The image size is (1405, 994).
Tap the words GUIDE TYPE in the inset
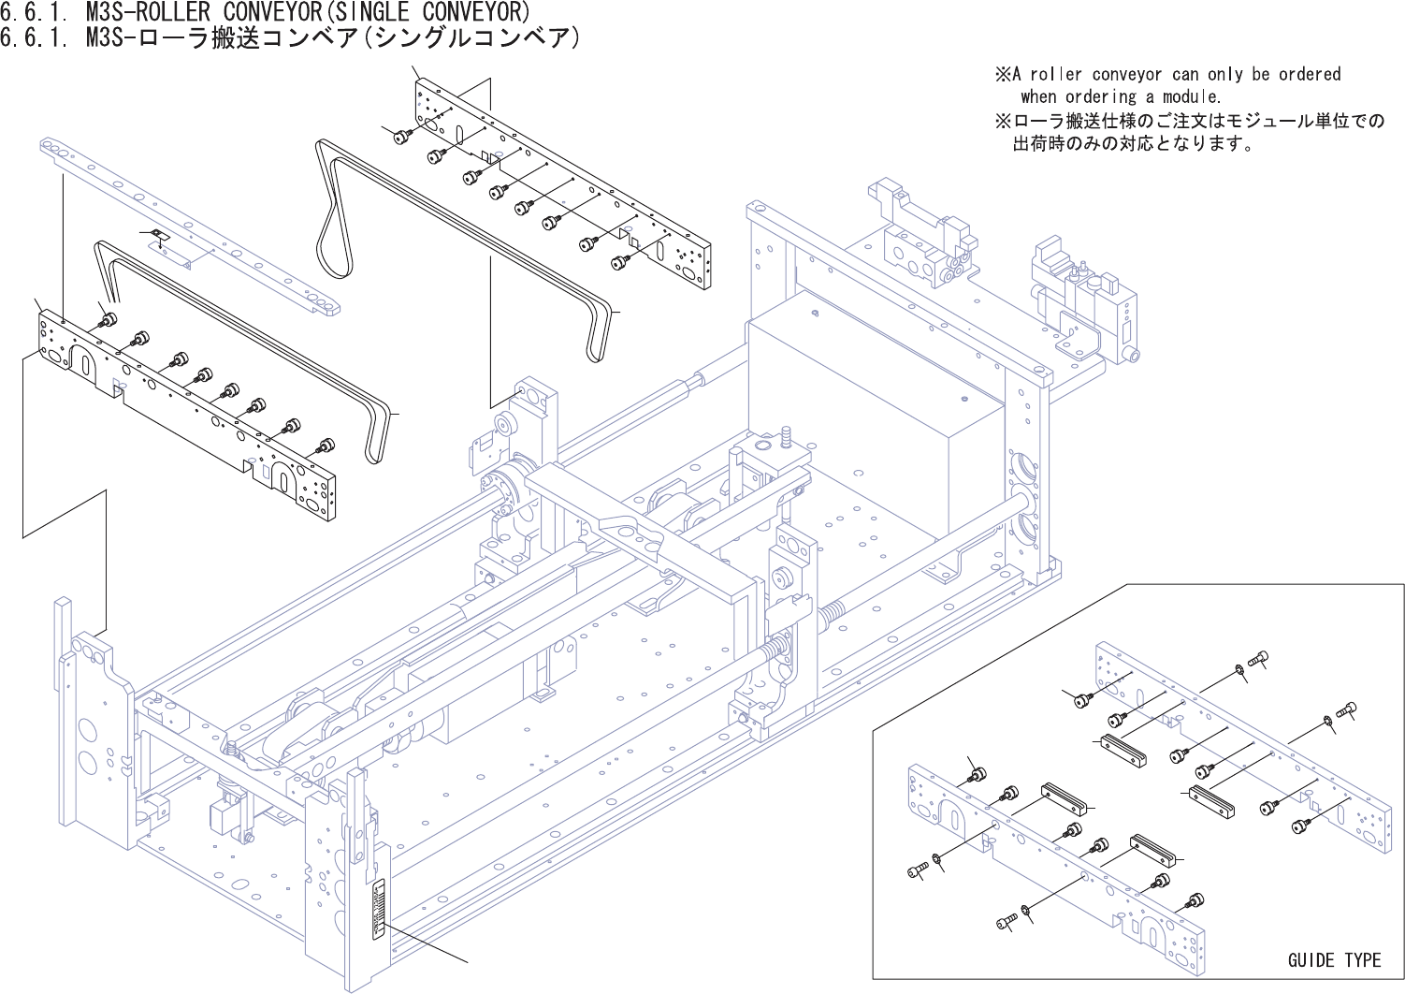point(1334,960)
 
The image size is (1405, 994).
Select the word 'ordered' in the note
point(1310,74)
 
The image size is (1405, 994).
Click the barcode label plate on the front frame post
point(379,907)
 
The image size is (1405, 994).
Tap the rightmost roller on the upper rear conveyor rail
point(619,264)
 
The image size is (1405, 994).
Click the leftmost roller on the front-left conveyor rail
point(109,320)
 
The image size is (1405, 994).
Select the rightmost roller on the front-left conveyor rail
point(326,445)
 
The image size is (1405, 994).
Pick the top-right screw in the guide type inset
point(1259,659)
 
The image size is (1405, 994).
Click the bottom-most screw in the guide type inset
point(1006,923)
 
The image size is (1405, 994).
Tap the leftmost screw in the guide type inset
point(917,871)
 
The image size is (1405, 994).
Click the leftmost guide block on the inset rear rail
point(1123,751)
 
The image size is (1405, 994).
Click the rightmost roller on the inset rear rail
point(1301,826)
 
